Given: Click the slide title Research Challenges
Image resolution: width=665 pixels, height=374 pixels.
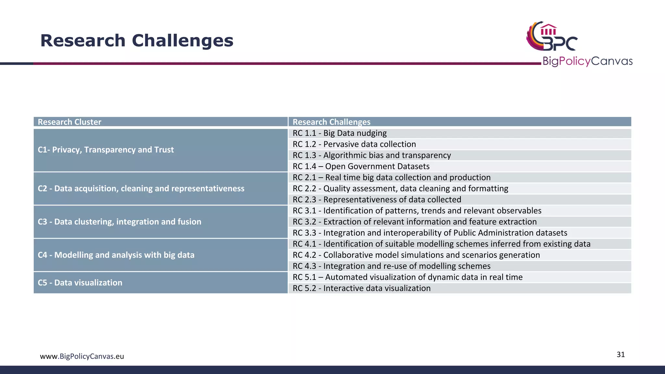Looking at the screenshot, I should click(x=137, y=41).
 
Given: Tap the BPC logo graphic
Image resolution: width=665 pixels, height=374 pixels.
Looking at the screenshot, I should click(x=552, y=36).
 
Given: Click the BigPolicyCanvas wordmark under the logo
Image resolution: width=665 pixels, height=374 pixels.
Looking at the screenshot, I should click(x=587, y=61).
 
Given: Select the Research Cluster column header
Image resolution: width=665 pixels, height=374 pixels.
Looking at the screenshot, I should click(x=69, y=122).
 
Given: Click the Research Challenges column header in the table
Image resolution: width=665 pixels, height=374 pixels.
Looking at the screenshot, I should click(x=331, y=122).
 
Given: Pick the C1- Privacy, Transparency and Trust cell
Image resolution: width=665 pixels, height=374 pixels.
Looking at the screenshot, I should click(x=106, y=150).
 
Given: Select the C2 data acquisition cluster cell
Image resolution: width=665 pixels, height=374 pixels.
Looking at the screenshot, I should click(x=141, y=189).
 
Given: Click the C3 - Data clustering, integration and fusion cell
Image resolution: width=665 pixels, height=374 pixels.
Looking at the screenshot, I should click(x=119, y=222).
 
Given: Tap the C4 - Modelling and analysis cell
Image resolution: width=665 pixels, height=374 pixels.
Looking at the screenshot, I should click(x=116, y=255).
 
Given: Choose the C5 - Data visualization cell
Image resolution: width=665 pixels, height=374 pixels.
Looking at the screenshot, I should click(x=80, y=282).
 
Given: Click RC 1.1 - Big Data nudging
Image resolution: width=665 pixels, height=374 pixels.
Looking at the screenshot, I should click(x=340, y=133).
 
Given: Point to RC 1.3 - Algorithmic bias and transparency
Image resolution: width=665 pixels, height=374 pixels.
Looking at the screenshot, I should click(x=371, y=155).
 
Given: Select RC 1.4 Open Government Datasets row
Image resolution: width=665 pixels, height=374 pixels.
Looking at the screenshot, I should click(x=361, y=166).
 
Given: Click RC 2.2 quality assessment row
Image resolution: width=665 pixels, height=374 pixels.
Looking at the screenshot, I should click(x=400, y=189).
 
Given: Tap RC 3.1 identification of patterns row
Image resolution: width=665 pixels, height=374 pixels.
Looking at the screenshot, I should click(x=417, y=211).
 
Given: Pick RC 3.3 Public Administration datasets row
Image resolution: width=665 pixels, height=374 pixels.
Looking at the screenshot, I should click(x=430, y=233).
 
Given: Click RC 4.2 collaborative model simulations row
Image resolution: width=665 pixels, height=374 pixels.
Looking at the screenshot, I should click(x=416, y=255).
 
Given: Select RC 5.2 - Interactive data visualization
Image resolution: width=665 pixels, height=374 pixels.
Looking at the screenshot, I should click(x=361, y=288).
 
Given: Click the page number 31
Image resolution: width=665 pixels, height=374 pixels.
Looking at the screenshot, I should click(x=621, y=355).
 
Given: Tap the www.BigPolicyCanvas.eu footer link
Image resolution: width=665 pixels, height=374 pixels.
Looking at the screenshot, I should click(x=82, y=356).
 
